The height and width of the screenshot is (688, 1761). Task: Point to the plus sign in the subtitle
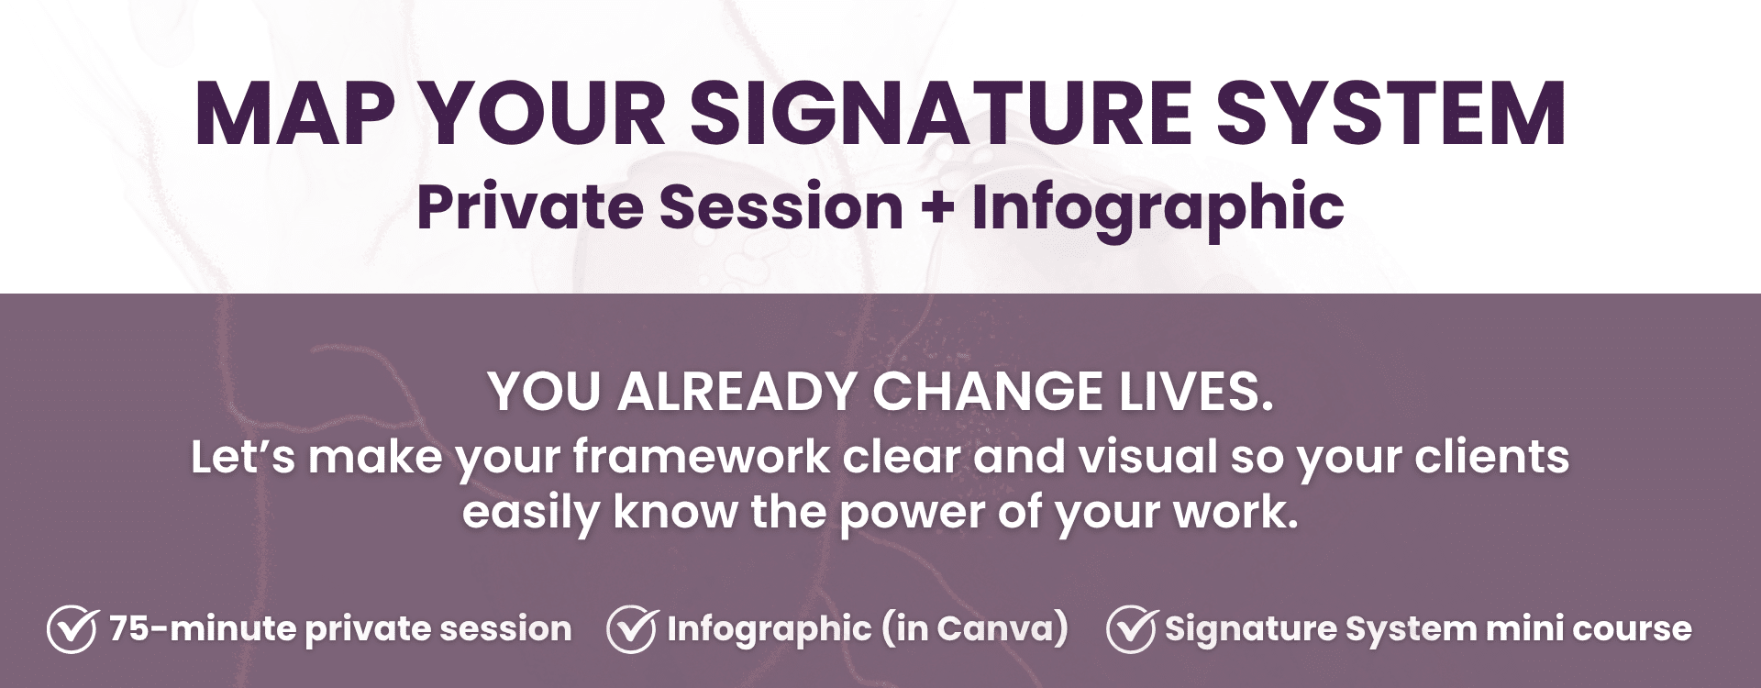936,208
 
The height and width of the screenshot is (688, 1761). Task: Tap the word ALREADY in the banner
739,392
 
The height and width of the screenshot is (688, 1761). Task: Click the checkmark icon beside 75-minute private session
72,628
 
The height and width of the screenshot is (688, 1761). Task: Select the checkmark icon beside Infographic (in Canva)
631,628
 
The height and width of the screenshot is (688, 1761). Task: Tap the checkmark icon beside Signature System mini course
1132,628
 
